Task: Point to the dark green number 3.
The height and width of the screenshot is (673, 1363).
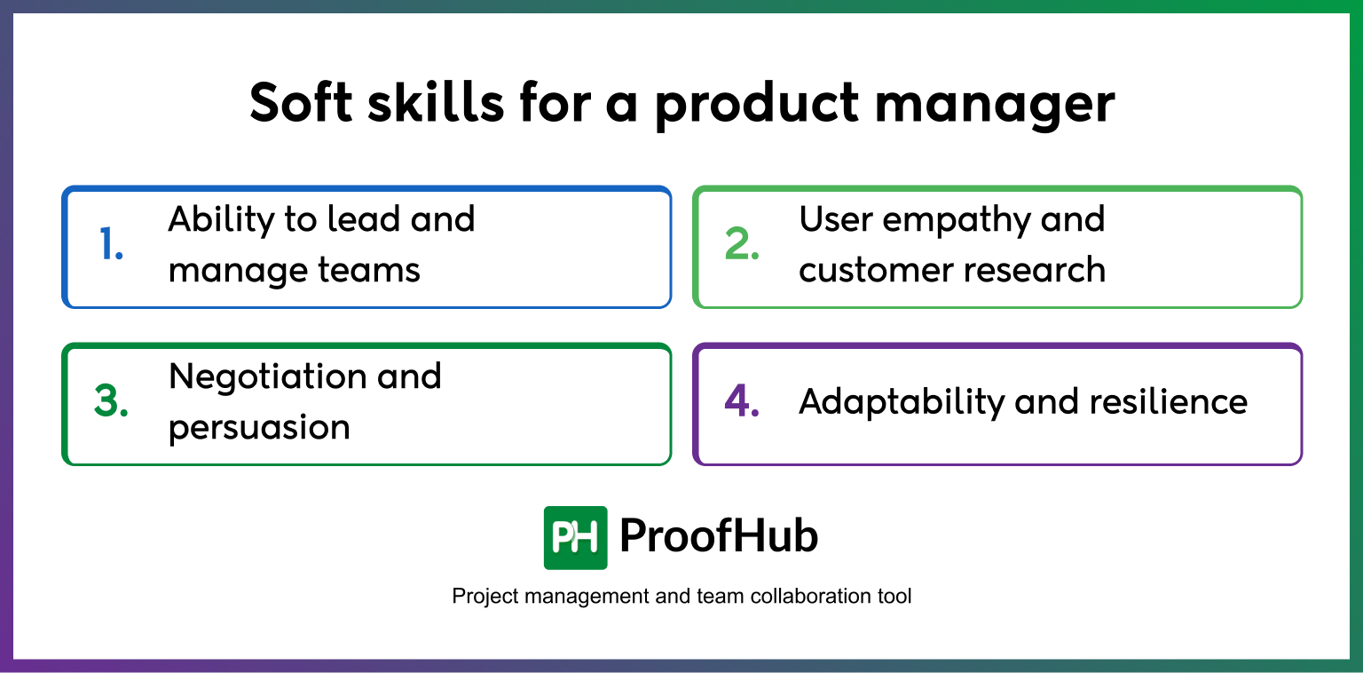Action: coord(111,404)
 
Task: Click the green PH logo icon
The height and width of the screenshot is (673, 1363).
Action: coord(575,537)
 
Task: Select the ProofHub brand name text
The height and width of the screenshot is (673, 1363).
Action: coord(718,536)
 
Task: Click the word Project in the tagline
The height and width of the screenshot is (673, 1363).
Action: coord(485,597)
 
